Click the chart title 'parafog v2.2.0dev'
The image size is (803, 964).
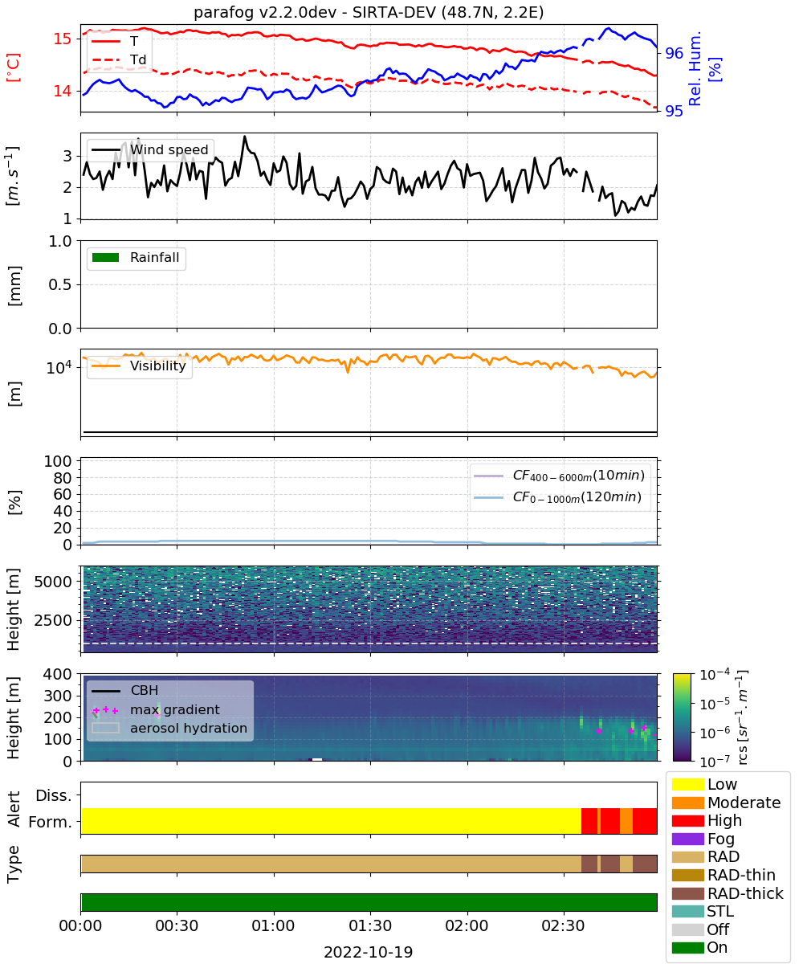(x=265, y=13)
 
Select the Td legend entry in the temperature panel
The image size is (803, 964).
(x=119, y=60)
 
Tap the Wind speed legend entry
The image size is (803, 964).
(x=150, y=149)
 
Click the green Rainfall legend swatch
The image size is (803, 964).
(x=106, y=258)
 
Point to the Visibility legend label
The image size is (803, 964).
(x=158, y=366)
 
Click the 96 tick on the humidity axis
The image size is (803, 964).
(x=675, y=54)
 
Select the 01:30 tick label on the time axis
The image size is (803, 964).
(x=370, y=925)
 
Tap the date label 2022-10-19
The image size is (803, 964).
(x=369, y=952)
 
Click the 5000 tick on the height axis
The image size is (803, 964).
(x=53, y=582)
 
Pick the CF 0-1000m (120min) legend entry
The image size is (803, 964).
(x=558, y=497)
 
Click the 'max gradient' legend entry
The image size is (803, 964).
(x=156, y=709)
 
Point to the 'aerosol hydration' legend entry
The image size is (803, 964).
(x=169, y=728)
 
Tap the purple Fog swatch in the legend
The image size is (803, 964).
(x=687, y=839)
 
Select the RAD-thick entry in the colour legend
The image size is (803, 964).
(x=728, y=893)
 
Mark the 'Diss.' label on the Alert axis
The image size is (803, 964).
(x=54, y=795)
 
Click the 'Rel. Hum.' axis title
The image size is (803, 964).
(x=695, y=68)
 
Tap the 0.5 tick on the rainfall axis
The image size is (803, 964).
(x=60, y=285)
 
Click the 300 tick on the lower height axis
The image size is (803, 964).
(x=58, y=696)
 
